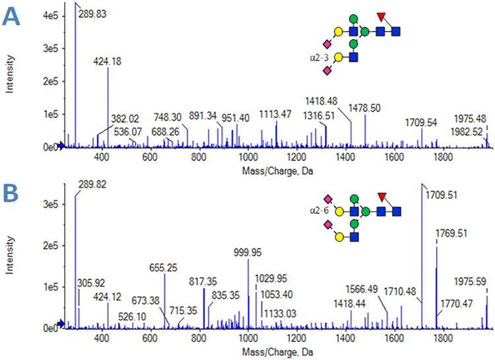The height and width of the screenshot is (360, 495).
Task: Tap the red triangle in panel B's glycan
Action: coord(381,196)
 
